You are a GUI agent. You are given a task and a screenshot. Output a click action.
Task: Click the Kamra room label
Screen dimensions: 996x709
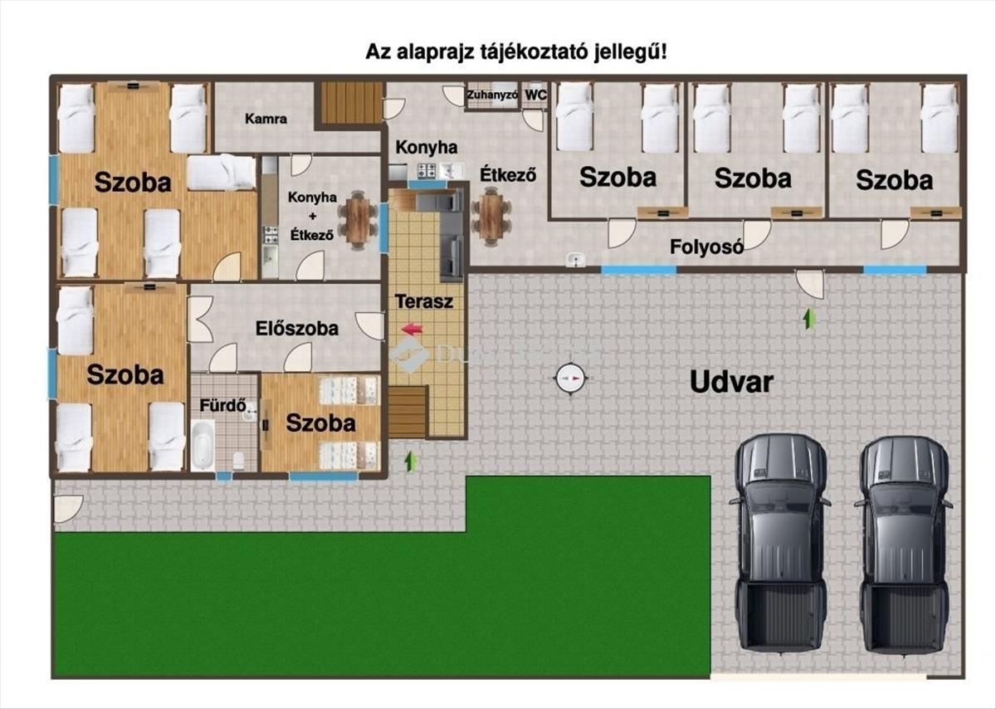pyautogui.click(x=266, y=119)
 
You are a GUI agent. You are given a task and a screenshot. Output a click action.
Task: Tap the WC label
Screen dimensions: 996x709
pyautogui.click(x=536, y=95)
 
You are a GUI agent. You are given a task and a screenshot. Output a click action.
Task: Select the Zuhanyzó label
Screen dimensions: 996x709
pyautogui.click(x=492, y=95)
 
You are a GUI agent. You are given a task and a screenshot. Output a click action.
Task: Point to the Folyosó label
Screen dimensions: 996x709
pyautogui.click(x=706, y=247)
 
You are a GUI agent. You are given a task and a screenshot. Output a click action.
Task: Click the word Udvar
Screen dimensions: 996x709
pyautogui.click(x=731, y=382)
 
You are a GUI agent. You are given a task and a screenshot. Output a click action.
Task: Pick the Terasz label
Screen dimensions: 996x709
pyautogui.click(x=424, y=301)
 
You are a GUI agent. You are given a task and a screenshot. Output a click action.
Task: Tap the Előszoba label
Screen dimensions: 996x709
pyautogui.click(x=297, y=329)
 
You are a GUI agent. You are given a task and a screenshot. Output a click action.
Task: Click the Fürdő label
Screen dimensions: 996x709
pyautogui.click(x=222, y=405)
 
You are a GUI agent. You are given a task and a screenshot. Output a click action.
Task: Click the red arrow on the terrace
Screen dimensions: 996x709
pyautogui.click(x=413, y=329)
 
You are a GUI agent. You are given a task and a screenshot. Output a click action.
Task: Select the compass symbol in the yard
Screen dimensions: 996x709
pyautogui.click(x=570, y=379)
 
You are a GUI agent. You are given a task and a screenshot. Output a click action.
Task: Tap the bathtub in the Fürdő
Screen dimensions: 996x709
pyautogui.click(x=203, y=445)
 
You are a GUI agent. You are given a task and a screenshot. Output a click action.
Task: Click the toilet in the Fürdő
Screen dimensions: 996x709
pyautogui.click(x=239, y=461)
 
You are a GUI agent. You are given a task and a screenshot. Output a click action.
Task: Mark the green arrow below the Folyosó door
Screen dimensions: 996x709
pyautogui.click(x=809, y=320)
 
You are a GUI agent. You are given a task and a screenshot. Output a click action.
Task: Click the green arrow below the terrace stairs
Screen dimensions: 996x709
pyautogui.click(x=412, y=462)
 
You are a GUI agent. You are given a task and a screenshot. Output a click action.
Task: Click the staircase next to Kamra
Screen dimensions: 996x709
pyautogui.click(x=351, y=103)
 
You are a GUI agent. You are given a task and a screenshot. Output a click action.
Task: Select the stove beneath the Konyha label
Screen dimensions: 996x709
pyautogui.click(x=427, y=170)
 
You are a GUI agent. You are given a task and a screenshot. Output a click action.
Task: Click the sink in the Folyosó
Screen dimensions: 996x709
pyautogui.click(x=576, y=259)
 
